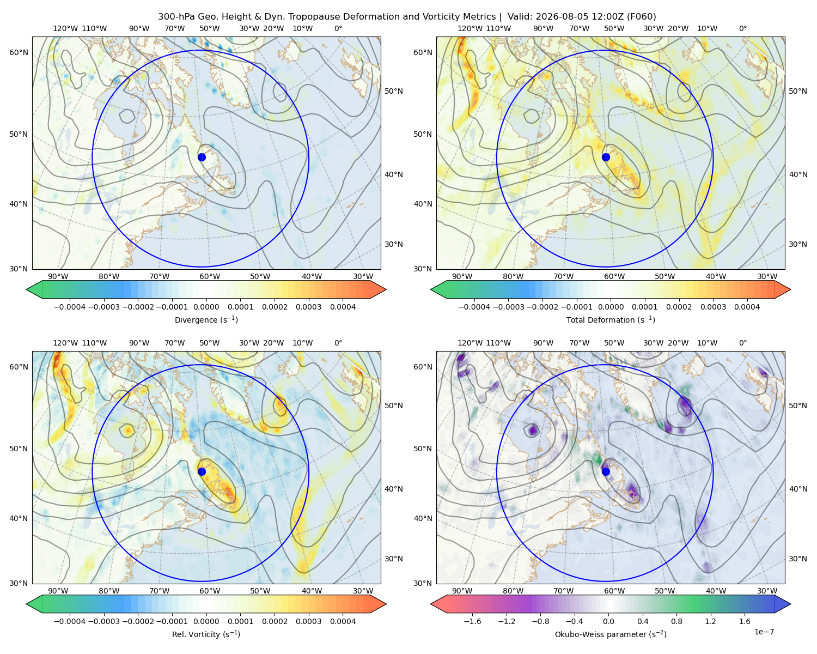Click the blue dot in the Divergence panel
point(202,157)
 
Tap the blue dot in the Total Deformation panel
point(606,157)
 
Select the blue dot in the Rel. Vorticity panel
point(202,471)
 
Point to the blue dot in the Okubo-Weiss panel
point(606,471)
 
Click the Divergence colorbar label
point(206,319)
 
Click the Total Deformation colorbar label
point(611,319)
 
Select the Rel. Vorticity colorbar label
point(206,634)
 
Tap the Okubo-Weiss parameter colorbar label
point(611,634)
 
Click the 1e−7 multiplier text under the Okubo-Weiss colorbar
point(764,632)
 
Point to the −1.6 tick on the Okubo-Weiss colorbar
point(472,621)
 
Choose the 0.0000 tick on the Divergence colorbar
point(206,307)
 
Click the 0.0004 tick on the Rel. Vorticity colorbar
point(343,621)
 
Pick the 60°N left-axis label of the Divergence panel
point(19,52)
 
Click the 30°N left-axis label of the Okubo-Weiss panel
point(423,583)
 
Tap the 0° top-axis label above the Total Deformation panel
point(742,28)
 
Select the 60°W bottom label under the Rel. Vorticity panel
point(210,591)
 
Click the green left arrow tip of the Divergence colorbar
point(27,289)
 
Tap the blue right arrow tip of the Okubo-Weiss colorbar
point(790,604)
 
